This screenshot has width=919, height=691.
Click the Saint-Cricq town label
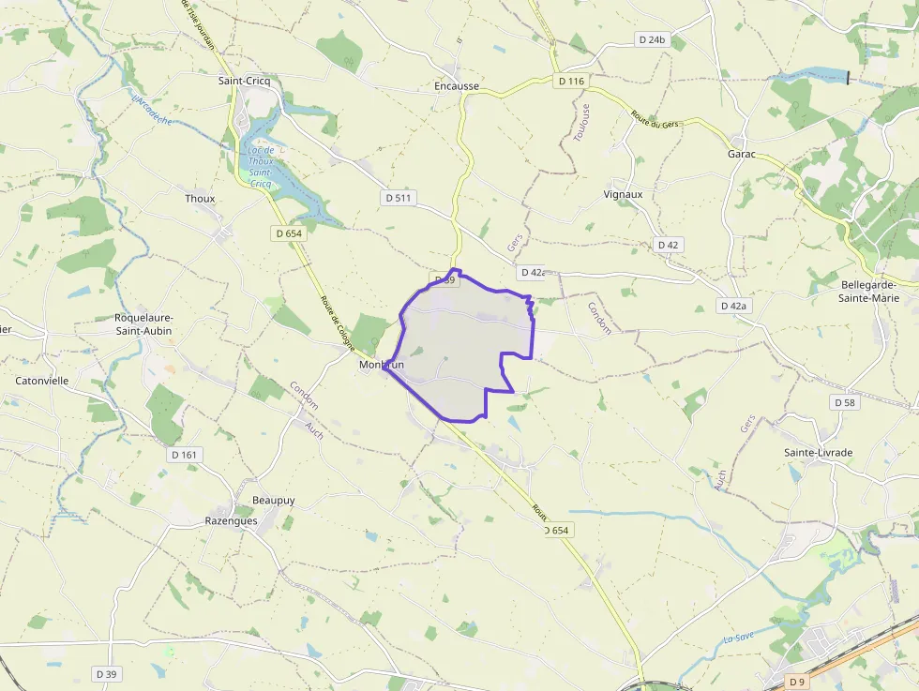244,81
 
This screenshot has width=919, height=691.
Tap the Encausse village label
457,86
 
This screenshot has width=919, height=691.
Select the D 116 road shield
570,82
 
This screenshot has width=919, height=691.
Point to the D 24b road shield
651,39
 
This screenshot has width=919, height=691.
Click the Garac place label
744,154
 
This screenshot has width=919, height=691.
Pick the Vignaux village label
623,194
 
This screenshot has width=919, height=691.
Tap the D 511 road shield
399,198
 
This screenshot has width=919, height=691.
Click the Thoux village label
200,199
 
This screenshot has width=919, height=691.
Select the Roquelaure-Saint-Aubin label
143,323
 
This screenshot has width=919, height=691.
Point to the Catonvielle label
42,381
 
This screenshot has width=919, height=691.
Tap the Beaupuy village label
273,500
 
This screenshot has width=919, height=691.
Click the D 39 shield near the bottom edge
106,674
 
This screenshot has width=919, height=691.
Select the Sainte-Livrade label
818,453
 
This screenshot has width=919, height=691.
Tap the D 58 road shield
844,402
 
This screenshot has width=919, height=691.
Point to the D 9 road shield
796,681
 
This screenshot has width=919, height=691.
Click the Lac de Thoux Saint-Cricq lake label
256,167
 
